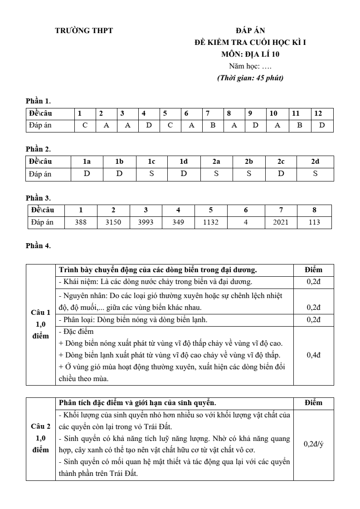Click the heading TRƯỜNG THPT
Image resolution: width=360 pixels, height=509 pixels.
[84, 31]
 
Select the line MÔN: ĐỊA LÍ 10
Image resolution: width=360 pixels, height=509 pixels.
[250, 54]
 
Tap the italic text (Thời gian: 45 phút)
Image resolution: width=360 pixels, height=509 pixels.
[250, 78]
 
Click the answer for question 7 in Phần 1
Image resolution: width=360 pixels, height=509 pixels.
[213, 125]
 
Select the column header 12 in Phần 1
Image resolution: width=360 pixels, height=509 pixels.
[318, 113]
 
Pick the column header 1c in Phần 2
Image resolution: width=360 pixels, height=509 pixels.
[151, 161]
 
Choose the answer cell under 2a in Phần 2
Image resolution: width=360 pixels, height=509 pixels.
[216, 173]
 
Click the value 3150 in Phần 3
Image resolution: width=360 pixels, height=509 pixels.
[113, 222]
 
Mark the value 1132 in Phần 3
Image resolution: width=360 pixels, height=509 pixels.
[211, 222]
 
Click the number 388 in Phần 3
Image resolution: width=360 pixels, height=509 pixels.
[81, 222]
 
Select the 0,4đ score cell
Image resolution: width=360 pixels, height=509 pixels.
[314, 355]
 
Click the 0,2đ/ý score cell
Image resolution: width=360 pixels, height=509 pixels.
[314, 444]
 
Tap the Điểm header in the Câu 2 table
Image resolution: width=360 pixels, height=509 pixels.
[314, 402]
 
